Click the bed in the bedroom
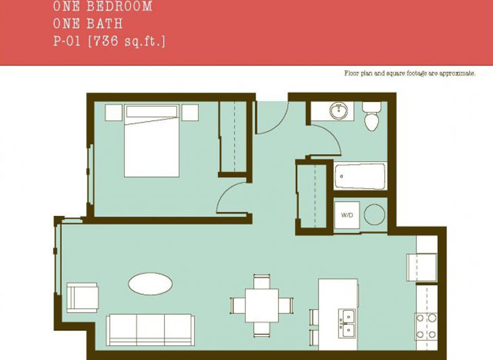pos(152,141)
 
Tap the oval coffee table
pos(150,283)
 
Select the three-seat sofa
pos(150,330)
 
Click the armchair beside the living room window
pos(82,297)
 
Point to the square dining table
pos(261,305)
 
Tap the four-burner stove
pos(426,326)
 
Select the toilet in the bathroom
pos(371,117)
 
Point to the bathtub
pos(360,176)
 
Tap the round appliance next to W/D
pos(375,215)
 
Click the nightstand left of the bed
pos(113,112)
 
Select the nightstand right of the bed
pos(190,112)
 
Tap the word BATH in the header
pos(105,24)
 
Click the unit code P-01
pos(67,41)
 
